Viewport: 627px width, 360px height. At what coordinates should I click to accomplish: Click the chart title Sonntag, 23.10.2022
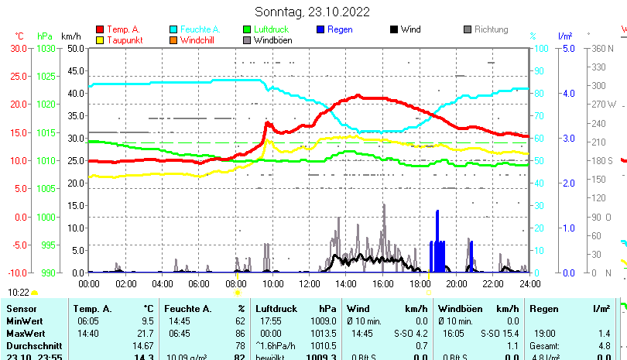pyautogui.click(x=313, y=12)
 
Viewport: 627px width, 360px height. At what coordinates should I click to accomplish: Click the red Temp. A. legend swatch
pyautogui.click(x=100, y=29)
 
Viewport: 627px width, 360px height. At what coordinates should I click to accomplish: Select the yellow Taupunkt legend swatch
pyautogui.click(x=100, y=39)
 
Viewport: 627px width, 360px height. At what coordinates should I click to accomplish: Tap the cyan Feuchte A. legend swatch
pyautogui.click(x=173, y=29)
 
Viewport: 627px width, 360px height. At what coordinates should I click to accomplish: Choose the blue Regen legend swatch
pyautogui.click(x=320, y=29)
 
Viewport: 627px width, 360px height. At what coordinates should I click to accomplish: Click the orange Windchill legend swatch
pyautogui.click(x=173, y=39)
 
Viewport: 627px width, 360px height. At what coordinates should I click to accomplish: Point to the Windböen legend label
pyautogui.click(x=272, y=39)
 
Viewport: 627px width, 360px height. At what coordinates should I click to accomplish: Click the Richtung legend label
pyautogui.click(x=492, y=29)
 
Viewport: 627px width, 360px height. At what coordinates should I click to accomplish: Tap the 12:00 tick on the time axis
pyautogui.click(x=309, y=283)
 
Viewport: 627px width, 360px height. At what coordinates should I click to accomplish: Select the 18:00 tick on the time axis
pyautogui.click(x=419, y=283)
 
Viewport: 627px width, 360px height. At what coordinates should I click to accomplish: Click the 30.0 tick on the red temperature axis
pyautogui.click(x=19, y=48)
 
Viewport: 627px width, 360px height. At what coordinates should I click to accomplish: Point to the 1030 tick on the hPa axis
pyautogui.click(x=46, y=48)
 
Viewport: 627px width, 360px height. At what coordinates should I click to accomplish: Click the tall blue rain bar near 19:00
pyautogui.click(x=437, y=240)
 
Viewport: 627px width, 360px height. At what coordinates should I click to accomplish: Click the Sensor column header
pyautogui.click(x=21, y=309)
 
